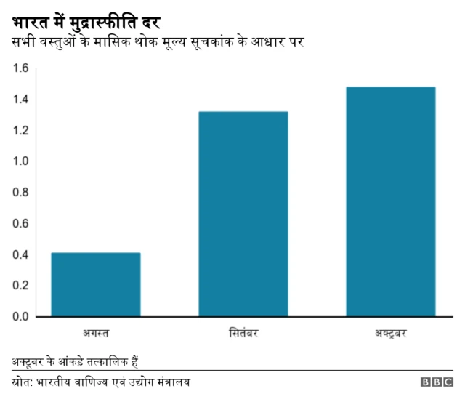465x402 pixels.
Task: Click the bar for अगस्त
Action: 96,284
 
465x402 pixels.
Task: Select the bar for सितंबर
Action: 243,214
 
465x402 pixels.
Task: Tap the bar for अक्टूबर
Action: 391,201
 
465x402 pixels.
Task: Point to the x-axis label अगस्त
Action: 96,334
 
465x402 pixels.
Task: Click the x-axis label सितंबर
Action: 243,334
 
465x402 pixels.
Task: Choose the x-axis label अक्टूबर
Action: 391,334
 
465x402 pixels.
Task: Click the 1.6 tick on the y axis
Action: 20,68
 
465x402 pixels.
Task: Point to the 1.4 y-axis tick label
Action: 20,100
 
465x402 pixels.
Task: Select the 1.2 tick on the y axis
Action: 20,130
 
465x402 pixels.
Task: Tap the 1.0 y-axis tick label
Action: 20,161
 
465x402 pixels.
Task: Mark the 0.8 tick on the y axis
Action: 20,193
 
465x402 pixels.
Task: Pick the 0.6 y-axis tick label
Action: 20,223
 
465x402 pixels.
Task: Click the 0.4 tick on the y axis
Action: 20,254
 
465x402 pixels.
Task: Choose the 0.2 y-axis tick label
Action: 20,286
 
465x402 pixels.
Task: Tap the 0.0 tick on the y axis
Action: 20,316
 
